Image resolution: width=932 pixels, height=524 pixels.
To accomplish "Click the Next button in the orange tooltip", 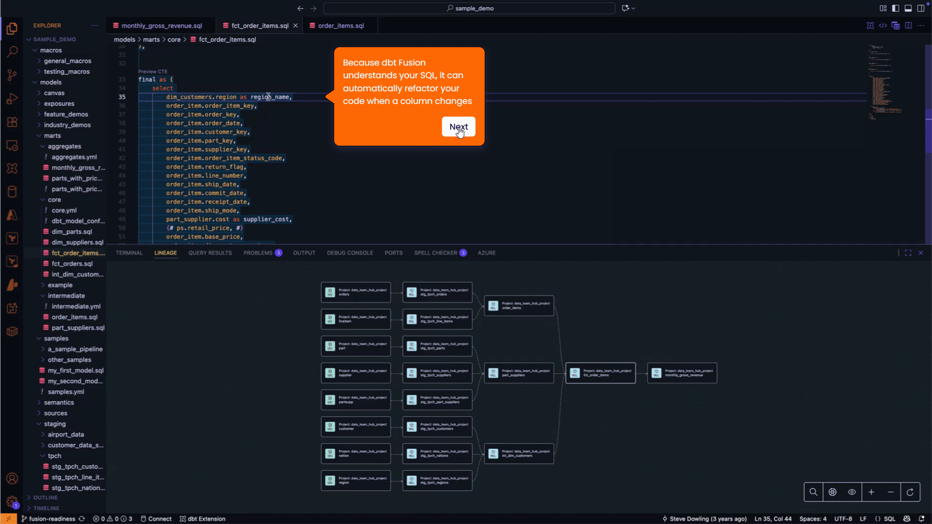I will click(x=458, y=127).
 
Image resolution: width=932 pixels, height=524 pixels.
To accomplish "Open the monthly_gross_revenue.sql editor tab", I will click(x=161, y=26).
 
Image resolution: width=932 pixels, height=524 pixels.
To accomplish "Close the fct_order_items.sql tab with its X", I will click(x=295, y=26).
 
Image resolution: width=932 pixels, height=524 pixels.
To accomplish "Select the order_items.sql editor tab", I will click(x=340, y=26).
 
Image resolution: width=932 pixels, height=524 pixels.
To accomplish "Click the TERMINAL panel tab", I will click(x=129, y=253).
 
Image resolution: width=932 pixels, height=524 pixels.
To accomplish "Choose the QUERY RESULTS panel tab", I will click(x=210, y=253).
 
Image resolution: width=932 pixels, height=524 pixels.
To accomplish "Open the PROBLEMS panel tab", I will click(x=258, y=253).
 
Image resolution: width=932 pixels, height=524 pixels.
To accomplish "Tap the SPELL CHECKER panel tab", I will click(x=436, y=253).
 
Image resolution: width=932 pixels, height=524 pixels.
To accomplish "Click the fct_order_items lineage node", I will click(x=600, y=373).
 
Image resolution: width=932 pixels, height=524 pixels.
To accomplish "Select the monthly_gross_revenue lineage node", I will click(x=682, y=373).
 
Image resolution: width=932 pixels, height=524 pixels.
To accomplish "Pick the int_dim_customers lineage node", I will click(x=519, y=454).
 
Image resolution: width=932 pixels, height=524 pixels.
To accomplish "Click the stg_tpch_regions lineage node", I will click(x=437, y=480).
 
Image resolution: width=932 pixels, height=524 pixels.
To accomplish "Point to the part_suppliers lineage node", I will click(x=519, y=373).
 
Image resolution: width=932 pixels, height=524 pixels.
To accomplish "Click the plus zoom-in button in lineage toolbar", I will click(x=871, y=492).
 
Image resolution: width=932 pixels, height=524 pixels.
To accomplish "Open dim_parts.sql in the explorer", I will click(x=71, y=232).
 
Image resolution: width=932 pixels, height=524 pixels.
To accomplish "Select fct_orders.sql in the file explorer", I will click(x=72, y=264).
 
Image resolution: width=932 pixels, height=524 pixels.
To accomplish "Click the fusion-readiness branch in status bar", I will click(x=51, y=519).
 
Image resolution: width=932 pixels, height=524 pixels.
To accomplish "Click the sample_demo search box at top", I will click(x=469, y=8).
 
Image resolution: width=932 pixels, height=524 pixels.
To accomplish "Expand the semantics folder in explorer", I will click(x=59, y=403).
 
